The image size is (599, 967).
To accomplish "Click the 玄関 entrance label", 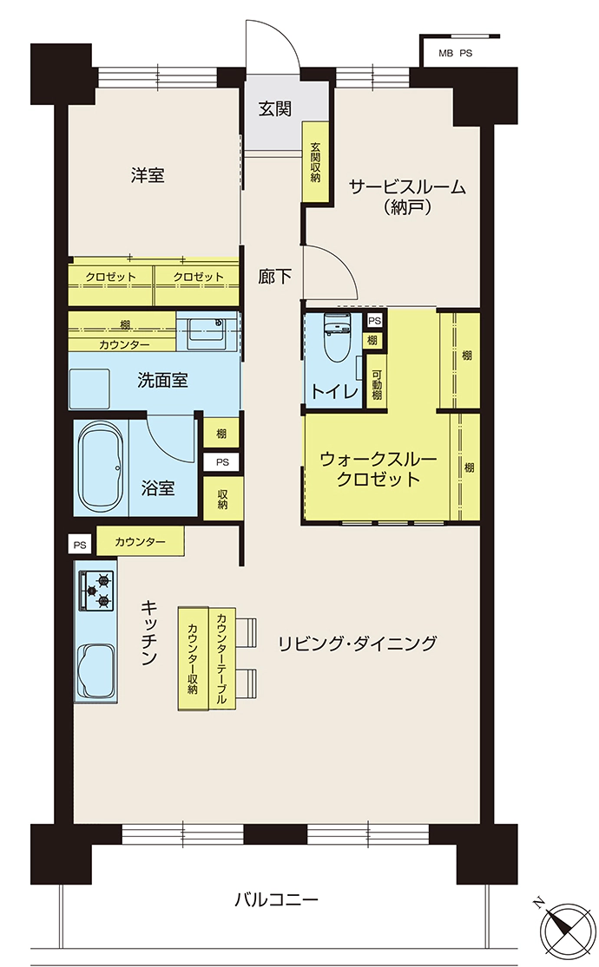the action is click(x=275, y=109).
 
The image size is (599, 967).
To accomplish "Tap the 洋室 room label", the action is click(x=148, y=175).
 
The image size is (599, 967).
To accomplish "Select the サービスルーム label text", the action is click(x=407, y=186).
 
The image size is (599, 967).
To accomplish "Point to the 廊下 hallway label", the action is click(x=275, y=277).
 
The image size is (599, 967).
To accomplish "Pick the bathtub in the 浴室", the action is click(x=101, y=467).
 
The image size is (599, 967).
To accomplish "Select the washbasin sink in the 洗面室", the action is click(x=207, y=330).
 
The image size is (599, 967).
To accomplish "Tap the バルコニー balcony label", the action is click(x=276, y=899).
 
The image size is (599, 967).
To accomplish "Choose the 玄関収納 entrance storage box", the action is click(x=315, y=161).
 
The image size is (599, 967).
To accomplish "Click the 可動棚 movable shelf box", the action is click(x=376, y=383).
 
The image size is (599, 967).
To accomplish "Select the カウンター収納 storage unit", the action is click(x=194, y=658).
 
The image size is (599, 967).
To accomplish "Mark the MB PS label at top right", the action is click(x=455, y=53).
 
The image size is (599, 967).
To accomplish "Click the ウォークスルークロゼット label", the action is click(x=378, y=468).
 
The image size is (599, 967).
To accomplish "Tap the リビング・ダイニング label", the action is click(x=357, y=644).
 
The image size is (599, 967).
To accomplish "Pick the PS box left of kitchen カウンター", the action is click(x=80, y=546).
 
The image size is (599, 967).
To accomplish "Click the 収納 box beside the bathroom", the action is click(x=222, y=499).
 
